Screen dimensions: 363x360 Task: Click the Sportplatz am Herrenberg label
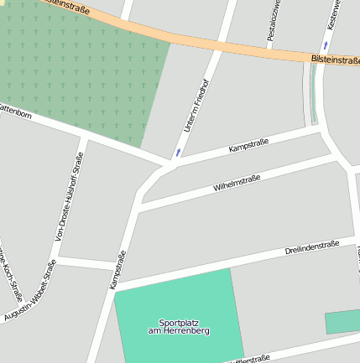178,327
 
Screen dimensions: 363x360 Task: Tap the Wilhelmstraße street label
237,182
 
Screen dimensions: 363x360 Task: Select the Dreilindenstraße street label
311,247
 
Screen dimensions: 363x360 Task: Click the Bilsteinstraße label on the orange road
334,60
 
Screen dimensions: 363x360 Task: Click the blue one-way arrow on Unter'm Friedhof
178,153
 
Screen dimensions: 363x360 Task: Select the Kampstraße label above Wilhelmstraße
248,147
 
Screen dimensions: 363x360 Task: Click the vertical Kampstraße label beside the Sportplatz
117,270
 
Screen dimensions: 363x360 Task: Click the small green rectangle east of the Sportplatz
342,322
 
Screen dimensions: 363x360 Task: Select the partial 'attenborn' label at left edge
15,110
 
